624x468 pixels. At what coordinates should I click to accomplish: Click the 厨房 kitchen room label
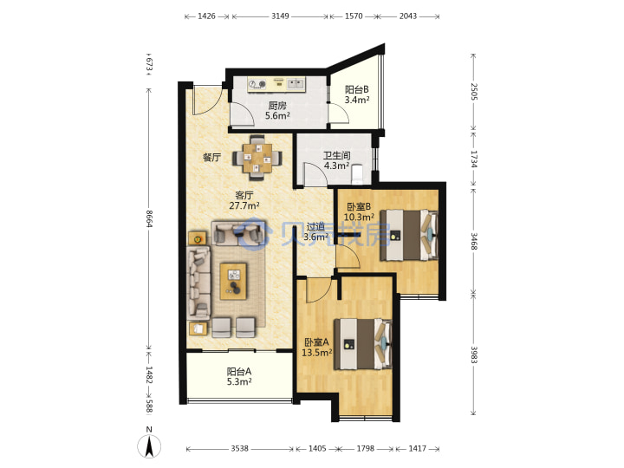(277, 106)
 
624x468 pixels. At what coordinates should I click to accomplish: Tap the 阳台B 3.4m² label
(356, 94)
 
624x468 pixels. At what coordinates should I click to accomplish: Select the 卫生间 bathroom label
(336, 155)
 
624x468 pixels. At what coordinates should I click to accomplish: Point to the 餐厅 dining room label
(211, 157)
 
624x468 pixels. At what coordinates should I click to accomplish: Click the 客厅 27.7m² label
(244, 200)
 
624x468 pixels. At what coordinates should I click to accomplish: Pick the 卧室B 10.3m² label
(359, 211)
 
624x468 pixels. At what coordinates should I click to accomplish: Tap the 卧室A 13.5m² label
(317, 348)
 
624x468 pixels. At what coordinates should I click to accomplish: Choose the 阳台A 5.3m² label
(239, 376)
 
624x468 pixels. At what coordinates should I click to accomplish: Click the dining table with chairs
(257, 158)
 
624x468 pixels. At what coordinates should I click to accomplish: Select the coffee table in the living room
(234, 281)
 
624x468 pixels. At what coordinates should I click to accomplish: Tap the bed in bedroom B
(409, 235)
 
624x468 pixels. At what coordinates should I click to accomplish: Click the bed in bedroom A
(363, 344)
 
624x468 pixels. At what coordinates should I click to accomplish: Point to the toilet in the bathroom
(357, 174)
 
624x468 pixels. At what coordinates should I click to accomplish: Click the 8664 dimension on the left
(149, 219)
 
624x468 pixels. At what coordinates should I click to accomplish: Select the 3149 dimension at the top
(280, 16)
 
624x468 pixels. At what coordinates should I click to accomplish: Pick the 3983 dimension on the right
(473, 354)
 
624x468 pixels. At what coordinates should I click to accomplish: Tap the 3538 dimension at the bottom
(239, 449)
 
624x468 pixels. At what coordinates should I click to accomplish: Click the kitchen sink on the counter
(296, 83)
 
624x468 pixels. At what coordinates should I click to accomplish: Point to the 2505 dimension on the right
(473, 92)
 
